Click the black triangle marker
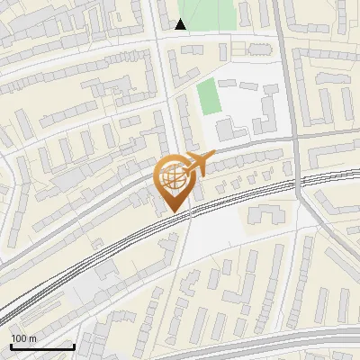181,24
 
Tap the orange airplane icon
199,163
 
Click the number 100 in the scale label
19,338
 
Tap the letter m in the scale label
32,338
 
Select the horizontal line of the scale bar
41,346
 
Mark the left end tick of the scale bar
10,345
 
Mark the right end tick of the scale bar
73,345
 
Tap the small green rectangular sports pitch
209,97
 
